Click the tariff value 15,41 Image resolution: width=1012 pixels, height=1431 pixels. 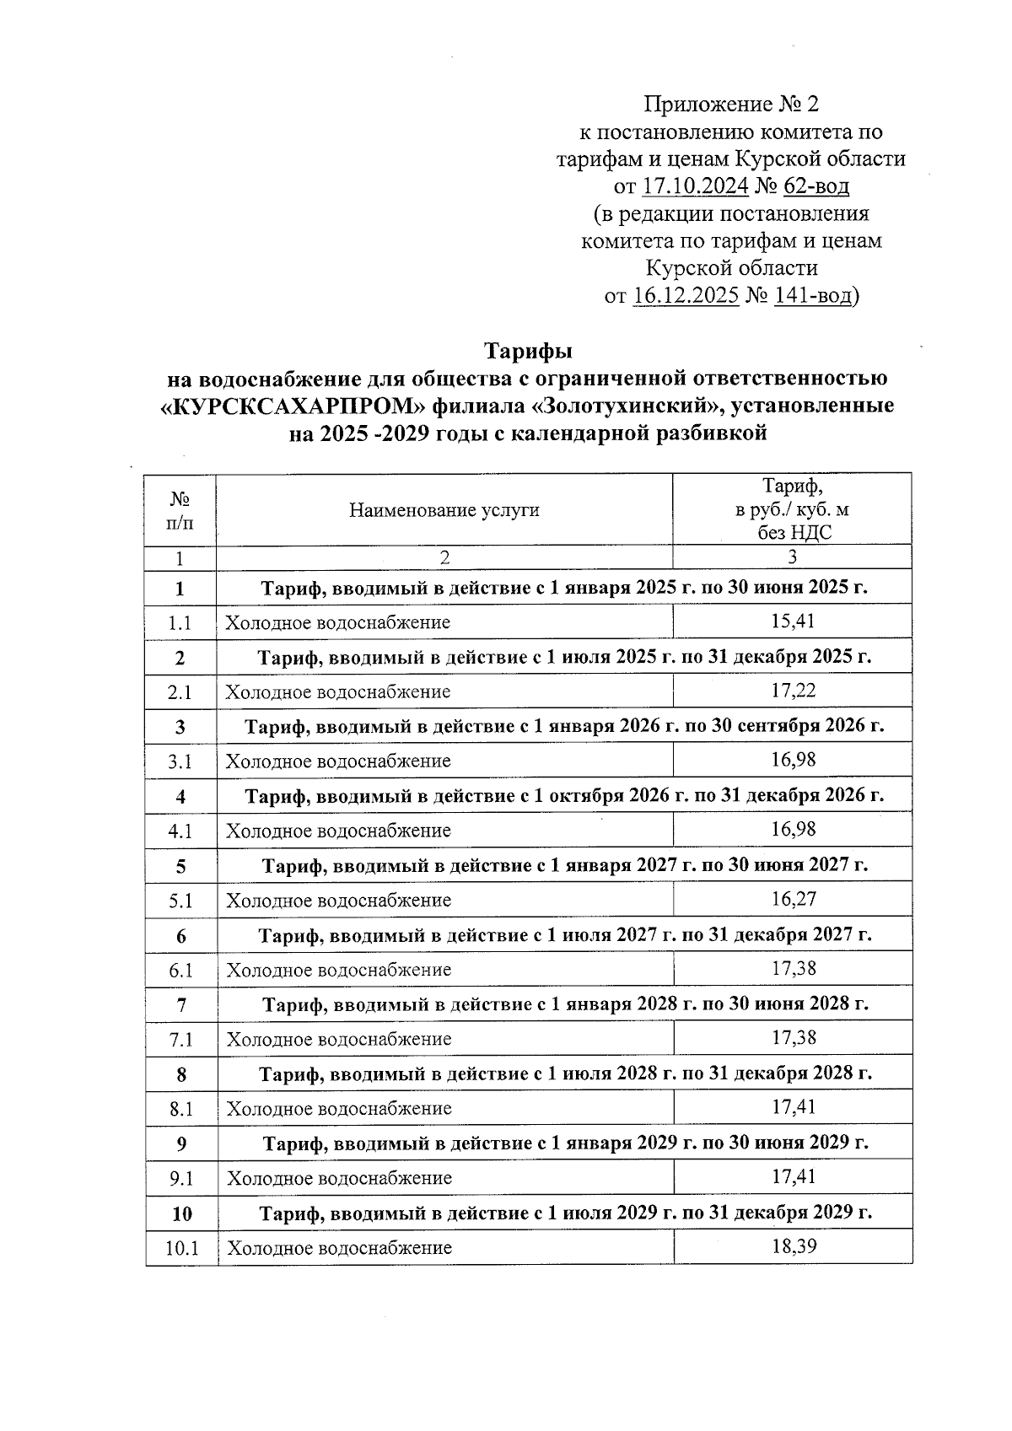coord(792,621)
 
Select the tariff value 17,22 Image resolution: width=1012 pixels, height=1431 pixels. coord(792,691)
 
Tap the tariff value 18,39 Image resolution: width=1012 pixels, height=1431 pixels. coord(794,1246)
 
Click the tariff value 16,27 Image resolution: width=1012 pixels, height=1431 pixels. coord(793,899)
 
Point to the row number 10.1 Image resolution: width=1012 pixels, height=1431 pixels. coord(181,1248)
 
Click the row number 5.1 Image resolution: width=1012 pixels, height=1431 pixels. coord(180,901)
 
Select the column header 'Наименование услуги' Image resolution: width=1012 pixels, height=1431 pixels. coord(444,510)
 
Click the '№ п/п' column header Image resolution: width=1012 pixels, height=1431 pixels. coord(180,510)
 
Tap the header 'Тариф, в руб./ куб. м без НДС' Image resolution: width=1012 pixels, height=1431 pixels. coord(792,509)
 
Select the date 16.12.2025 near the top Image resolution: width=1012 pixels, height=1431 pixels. coord(685,296)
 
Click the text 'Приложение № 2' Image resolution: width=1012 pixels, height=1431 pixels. coord(731,105)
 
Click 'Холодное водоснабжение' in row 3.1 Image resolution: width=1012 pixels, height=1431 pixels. coord(337,761)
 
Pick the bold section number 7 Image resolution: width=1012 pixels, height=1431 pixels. coord(180,1005)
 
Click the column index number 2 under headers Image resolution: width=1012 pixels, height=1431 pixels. coord(444,557)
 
